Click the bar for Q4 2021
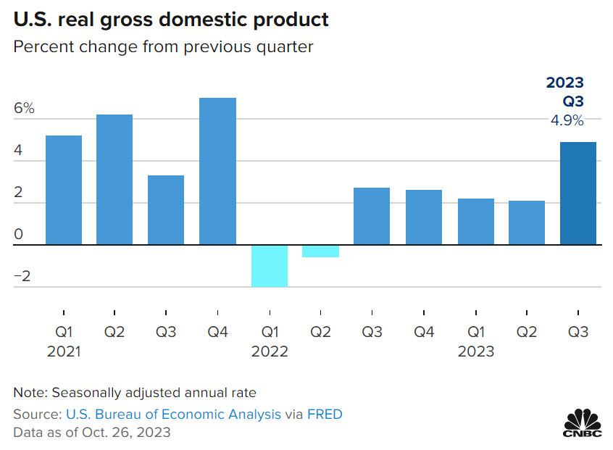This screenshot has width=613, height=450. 217,171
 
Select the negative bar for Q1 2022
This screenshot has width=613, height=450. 269,265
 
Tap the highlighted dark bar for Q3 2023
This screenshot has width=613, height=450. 578,193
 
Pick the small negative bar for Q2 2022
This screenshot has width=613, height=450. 320,251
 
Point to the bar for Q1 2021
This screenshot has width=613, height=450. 63,190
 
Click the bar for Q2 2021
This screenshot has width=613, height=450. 114,179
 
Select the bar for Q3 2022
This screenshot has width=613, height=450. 372,216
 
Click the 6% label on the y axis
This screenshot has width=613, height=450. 24,109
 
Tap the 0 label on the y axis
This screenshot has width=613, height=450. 19,235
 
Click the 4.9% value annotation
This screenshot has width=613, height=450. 567,120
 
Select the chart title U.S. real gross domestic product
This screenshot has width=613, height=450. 171,20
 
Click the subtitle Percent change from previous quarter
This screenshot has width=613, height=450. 163,47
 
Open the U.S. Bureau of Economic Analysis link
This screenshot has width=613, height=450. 173,414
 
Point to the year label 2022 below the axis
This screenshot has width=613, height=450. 270,351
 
